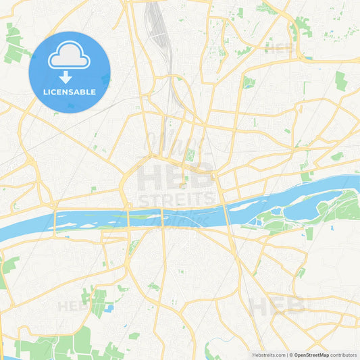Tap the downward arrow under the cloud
[66, 77]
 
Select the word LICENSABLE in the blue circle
[69, 92]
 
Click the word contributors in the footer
[344, 355]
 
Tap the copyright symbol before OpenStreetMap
[290, 355]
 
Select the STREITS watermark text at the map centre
[177, 200]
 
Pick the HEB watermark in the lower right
[277, 306]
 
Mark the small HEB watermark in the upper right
[278, 48]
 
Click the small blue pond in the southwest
[108, 308]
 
